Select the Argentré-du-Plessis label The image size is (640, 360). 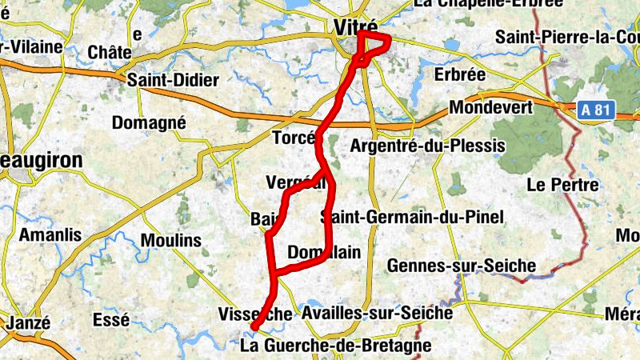[x=428, y=146]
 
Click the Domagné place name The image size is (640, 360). [x=149, y=123]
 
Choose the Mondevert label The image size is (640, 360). [x=491, y=106]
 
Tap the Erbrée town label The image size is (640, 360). [x=459, y=74]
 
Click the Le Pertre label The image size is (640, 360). [x=562, y=185]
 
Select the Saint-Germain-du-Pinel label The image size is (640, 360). [x=412, y=217]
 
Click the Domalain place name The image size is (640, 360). [x=323, y=251]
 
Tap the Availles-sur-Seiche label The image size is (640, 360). [x=378, y=314]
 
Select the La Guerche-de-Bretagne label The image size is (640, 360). [x=335, y=346]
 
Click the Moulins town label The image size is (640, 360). [x=170, y=240]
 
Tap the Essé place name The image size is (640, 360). [x=111, y=320]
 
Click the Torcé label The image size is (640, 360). [x=294, y=138]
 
